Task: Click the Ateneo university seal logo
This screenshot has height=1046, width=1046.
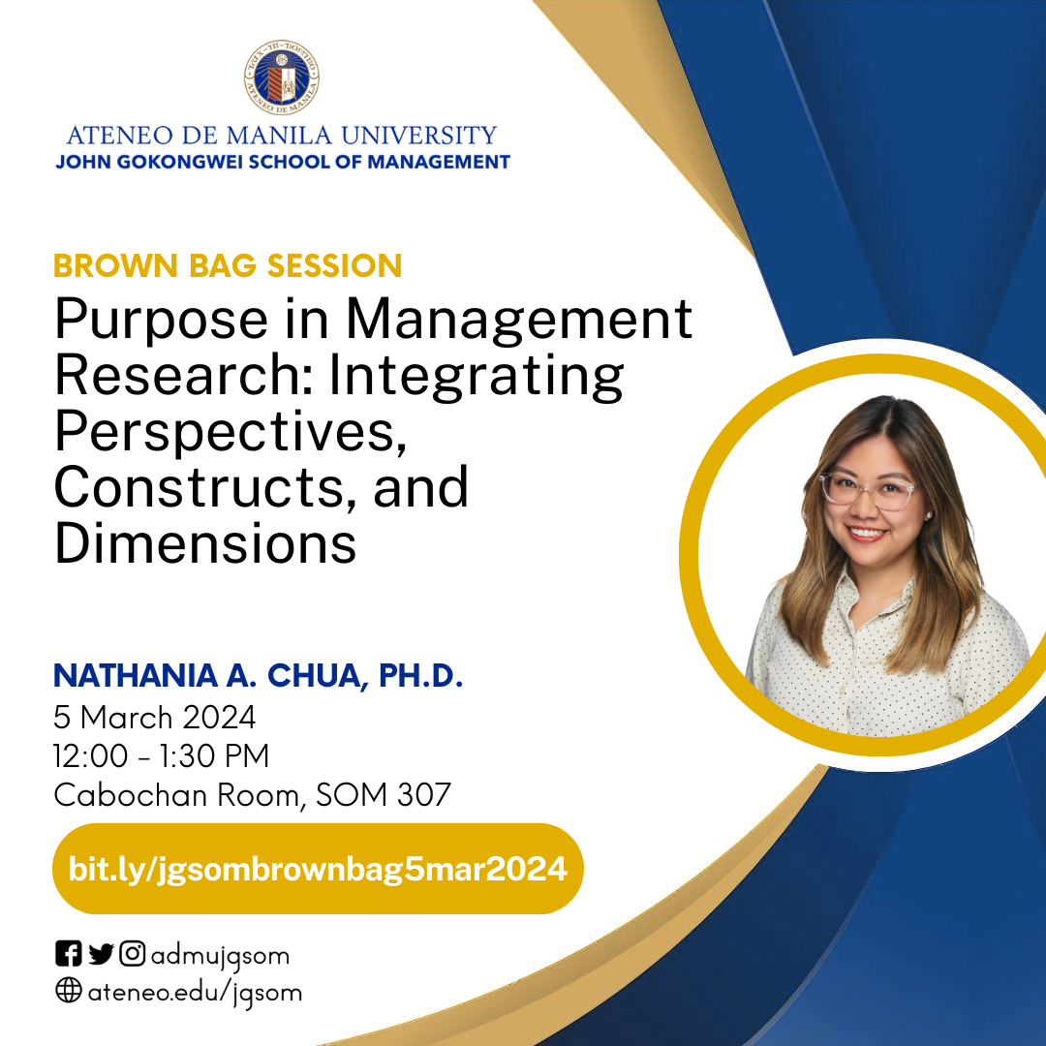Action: pos(282,79)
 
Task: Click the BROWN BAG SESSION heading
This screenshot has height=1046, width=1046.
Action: pos(228,265)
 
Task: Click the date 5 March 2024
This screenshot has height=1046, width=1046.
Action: pos(155,718)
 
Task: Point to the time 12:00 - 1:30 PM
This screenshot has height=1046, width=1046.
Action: pos(162,756)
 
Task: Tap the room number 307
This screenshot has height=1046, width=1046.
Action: pos(424,795)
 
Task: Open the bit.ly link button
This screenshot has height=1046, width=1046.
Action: pos(318,869)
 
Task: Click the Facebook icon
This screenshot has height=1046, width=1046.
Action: pos(68,955)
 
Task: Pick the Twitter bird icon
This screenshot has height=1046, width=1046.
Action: pos(101,955)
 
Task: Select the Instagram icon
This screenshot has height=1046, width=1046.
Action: pos(133,955)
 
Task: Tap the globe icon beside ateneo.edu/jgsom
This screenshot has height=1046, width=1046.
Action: pos(68,992)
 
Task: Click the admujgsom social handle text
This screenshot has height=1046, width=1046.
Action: pos(219,956)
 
